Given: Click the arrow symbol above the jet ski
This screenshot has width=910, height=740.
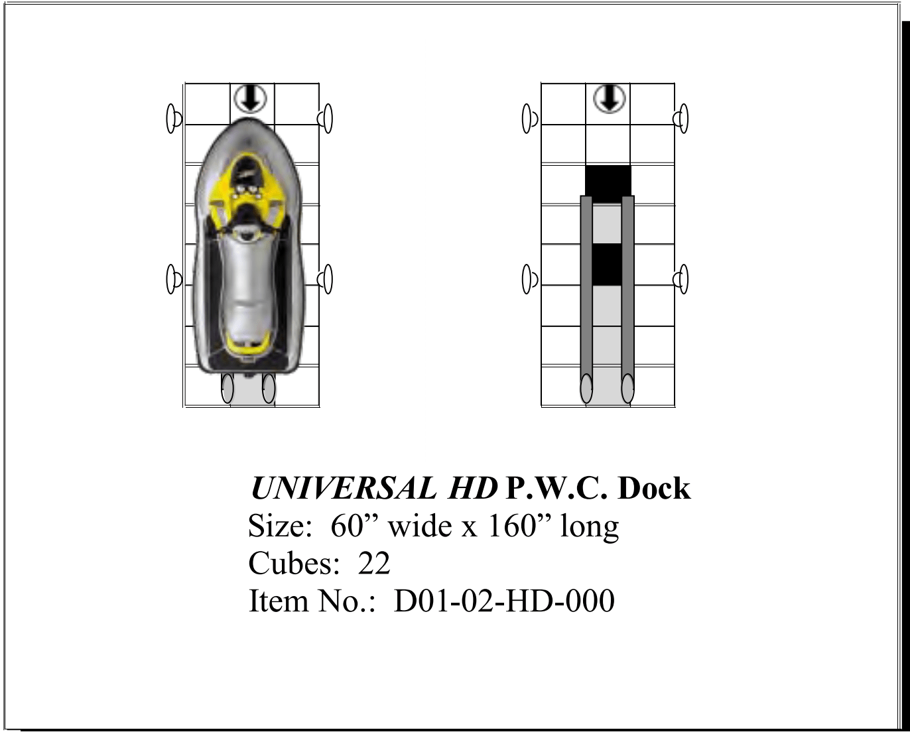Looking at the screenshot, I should tap(251, 99).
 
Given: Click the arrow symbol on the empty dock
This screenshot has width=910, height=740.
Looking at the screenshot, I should tap(608, 99).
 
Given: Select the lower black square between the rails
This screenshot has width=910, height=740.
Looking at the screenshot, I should tap(606, 265).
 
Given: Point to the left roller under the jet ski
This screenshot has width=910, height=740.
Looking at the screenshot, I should tap(227, 388).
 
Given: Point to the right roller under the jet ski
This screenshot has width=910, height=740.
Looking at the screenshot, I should tap(269, 388).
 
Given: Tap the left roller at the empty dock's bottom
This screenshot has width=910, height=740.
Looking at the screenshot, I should tap(586, 389).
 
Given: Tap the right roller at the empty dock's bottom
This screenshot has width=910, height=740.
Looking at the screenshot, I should tap(627, 389).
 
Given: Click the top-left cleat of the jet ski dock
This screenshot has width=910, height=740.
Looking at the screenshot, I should tap(174, 119).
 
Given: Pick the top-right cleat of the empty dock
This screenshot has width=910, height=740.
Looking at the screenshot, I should tap(681, 119).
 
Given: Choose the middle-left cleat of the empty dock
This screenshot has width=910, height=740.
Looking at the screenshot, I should tap(529, 278).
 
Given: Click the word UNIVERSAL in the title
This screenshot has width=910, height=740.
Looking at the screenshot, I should tap(343, 489).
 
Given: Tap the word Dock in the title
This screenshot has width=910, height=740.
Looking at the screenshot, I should tap(654, 489).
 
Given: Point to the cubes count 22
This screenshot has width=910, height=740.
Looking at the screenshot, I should tap(374, 564).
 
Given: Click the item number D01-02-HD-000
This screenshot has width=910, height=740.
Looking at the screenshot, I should tap(504, 601).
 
